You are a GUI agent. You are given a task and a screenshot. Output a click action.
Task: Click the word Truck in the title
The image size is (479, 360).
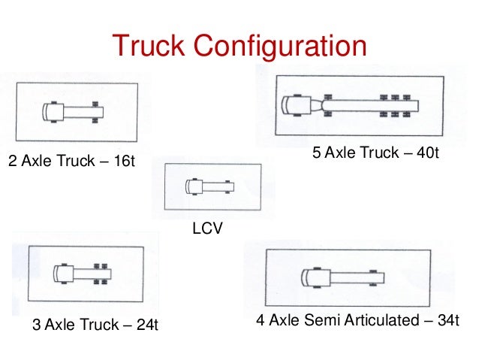150,47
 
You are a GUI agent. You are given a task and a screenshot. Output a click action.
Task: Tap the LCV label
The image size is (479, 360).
208,227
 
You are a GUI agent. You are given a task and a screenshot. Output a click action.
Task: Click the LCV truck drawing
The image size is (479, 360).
209,185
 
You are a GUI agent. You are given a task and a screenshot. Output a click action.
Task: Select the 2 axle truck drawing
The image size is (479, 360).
74,113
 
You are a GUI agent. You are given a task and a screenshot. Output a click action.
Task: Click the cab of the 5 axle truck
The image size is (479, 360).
294,104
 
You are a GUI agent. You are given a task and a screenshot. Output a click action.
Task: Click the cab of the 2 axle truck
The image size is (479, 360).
53,113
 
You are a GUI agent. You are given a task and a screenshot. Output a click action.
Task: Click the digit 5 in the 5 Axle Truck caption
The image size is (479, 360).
316,153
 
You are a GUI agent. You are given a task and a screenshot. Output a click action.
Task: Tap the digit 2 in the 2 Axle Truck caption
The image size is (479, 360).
12,162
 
